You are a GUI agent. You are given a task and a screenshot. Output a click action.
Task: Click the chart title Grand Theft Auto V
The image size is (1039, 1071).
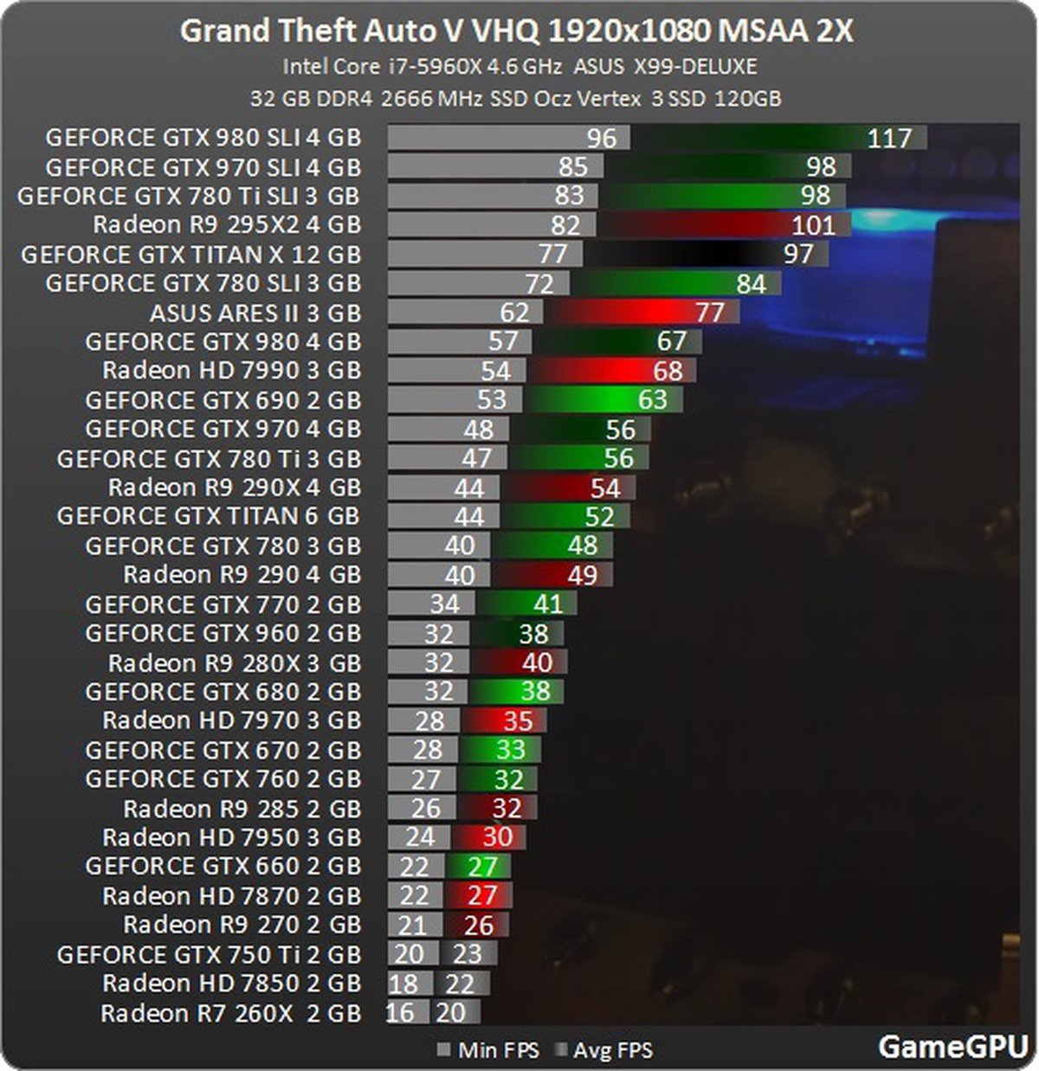click(x=516, y=32)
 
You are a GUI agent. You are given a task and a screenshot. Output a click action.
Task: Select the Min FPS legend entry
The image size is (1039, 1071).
click(x=488, y=1051)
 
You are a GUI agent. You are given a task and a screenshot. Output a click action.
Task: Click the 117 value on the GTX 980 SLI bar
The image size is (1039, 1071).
click(x=889, y=139)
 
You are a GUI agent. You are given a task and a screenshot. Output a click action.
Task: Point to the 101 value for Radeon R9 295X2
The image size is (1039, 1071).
click(x=813, y=226)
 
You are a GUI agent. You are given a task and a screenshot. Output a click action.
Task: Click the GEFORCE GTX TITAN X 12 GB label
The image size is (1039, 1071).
click(x=190, y=255)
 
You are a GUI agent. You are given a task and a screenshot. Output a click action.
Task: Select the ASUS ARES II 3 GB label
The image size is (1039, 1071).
click(x=255, y=313)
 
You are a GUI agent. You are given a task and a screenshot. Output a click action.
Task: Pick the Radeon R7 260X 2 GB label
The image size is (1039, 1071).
click(x=230, y=1013)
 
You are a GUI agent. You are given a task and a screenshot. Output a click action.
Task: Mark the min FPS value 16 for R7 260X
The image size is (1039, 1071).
click(x=400, y=1013)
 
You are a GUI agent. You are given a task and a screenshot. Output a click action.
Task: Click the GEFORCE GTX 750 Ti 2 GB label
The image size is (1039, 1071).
click(x=209, y=955)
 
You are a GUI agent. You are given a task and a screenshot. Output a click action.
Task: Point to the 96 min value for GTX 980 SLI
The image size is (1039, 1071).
click(x=601, y=139)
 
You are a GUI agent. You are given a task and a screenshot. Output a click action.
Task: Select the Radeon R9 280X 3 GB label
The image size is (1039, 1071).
click(x=234, y=663)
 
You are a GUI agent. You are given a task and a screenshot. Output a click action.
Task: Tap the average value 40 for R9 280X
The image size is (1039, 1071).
click(x=537, y=663)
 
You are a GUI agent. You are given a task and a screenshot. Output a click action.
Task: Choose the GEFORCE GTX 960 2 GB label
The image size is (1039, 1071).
click(x=223, y=634)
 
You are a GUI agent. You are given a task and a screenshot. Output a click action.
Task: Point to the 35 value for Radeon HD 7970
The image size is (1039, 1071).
click(x=518, y=721)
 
